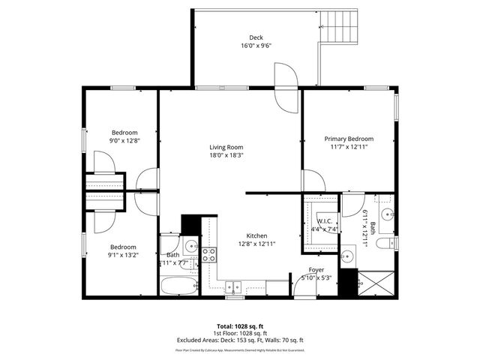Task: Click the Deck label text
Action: [256, 37]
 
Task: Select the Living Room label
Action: [226, 147]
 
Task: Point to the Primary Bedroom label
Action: [349, 139]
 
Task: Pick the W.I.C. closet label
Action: [325, 221]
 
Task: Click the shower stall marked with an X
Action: [374, 283]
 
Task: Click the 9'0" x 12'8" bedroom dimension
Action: [124, 139]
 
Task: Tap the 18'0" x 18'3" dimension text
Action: [226, 155]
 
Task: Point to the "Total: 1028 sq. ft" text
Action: [239, 326]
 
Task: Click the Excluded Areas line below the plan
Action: [239, 340]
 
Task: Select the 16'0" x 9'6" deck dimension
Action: [256, 46]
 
